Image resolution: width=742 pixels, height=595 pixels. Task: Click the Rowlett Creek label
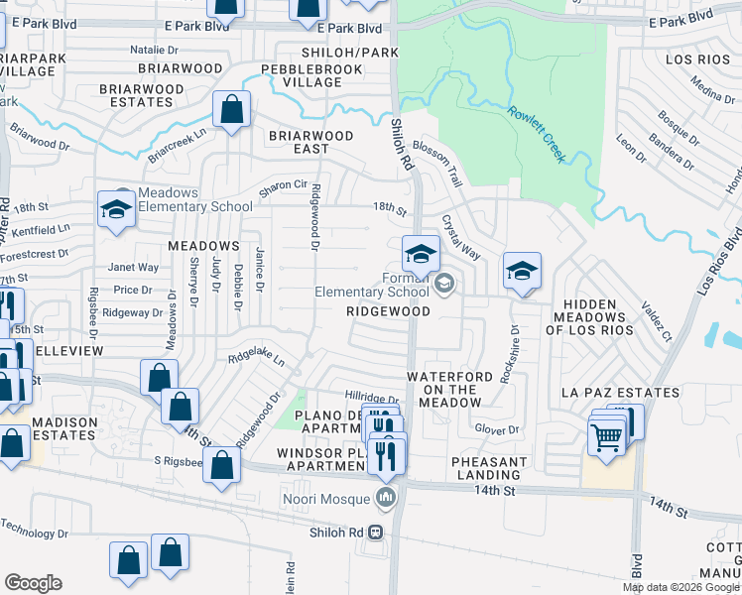point(537,134)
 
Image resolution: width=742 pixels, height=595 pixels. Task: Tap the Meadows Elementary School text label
point(195,199)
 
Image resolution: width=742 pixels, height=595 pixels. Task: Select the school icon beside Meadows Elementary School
point(116,210)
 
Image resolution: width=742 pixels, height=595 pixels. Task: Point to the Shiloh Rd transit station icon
point(376,531)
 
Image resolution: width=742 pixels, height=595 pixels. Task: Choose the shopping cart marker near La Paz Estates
point(605,435)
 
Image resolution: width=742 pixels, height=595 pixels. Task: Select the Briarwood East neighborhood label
point(310,142)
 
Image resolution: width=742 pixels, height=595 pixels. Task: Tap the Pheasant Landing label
point(489,469)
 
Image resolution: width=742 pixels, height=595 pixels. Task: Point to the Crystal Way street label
point(460,238)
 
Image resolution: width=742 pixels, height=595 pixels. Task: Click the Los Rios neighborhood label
point(691,59)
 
